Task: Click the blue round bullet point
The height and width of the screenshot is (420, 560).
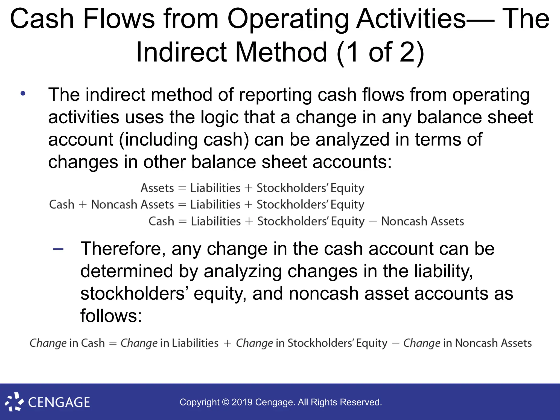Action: tap(23, 94)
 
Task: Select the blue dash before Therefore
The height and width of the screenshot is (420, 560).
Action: tap(58, 249)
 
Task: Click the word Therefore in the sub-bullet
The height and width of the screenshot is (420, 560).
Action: tap(123, 249)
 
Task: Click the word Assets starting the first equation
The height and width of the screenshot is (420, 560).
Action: tap(157, 188)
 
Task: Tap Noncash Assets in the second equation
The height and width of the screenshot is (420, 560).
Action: tap(132, 205)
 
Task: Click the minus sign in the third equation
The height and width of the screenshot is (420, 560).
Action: tap(373, 221)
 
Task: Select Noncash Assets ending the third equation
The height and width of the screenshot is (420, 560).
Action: tap(422, 221)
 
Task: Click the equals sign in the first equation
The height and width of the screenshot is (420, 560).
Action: tap(182, 188)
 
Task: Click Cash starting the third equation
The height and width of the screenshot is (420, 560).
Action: tap(161, 221)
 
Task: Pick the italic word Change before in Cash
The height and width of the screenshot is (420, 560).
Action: tap(48, 343)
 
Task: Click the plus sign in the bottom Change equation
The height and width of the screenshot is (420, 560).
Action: tap(227, 343)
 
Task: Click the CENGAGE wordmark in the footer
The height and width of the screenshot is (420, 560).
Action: tap(59, 402)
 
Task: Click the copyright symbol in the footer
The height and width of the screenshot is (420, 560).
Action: tap(225, 402)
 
